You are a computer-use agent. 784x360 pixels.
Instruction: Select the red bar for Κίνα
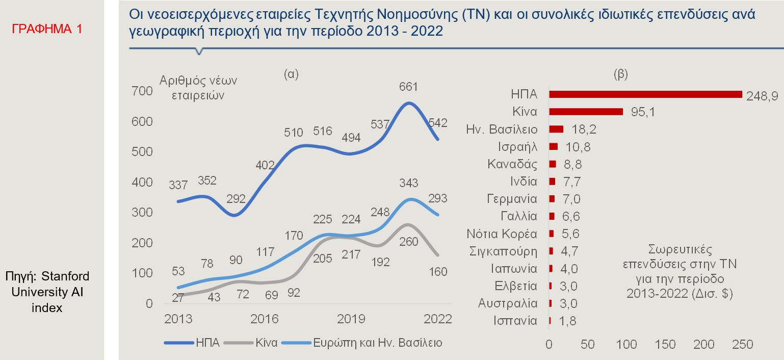[x=586, y=112]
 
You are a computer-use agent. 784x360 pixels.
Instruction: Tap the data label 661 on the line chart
[x=408, y=87]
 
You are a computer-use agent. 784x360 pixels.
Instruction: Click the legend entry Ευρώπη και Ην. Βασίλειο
[x=377, y=342]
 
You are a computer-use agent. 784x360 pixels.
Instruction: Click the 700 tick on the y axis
[x=142, y=91]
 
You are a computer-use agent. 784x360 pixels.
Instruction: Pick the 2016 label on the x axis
[x=265, y=319]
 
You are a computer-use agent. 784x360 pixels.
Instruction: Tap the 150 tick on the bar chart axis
[x=665, y=345]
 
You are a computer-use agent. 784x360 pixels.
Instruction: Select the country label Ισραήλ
[x=517, y=147]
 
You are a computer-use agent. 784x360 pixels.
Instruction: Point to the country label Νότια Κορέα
[x=502, y=234]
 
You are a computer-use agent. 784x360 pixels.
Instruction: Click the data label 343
[x=409, y=183]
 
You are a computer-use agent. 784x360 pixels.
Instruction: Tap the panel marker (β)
[x=621, y=74]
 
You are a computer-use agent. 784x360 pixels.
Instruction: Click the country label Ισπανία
[x=515, y=321]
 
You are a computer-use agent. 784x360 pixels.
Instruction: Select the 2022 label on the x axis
[x=438, y=319]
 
